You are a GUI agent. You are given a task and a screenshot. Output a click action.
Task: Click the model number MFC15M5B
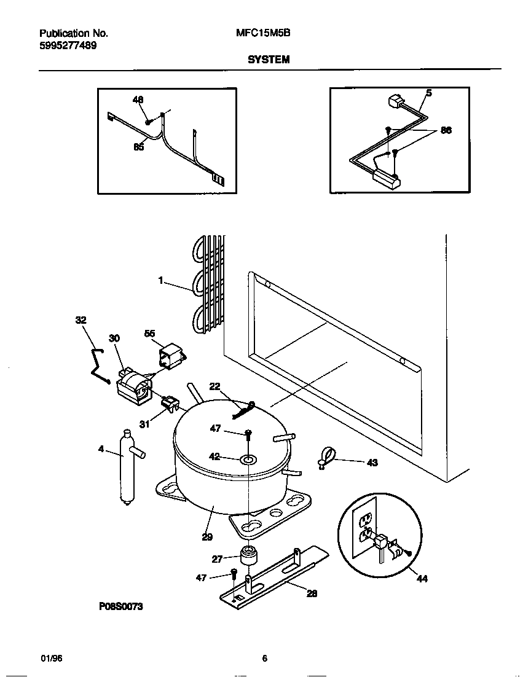[263, 34]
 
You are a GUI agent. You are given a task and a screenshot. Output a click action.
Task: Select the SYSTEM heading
[269, 60]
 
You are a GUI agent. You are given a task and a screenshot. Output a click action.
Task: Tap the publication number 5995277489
[68, 45]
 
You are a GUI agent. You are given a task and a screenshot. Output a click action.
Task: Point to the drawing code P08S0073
[121, 606]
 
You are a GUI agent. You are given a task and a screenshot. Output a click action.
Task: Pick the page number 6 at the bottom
[265, 659]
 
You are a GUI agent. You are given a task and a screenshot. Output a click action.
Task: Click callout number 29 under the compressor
[207, 536]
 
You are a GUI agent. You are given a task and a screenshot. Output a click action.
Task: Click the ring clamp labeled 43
[327, 458]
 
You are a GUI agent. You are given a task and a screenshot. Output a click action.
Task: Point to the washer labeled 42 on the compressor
[249, 458]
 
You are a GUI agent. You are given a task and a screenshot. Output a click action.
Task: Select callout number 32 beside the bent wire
[81, 320]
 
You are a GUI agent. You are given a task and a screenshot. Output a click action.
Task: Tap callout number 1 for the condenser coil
[160, 280]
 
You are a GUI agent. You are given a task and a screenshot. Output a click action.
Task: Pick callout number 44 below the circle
[422, 579]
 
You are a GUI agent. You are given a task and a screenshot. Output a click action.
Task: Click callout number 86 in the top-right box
[446, 130]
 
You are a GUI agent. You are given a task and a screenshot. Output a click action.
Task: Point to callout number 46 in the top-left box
[138, 100]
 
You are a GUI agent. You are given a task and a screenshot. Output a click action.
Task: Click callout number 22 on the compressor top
[214, 386]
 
